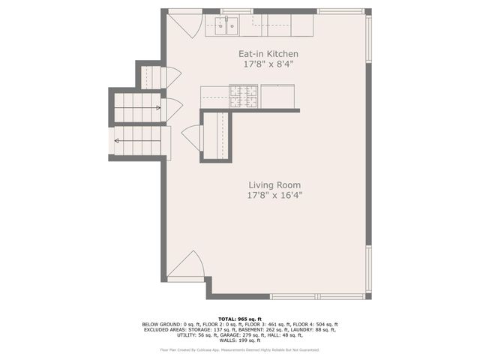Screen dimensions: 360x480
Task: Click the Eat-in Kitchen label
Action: point(268,54)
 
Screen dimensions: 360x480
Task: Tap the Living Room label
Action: point(274,184)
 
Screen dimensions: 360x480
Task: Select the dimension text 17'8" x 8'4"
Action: point(268,64)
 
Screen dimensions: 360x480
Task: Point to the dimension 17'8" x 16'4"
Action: point(274,195)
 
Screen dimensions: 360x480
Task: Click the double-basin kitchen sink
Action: point(226,26)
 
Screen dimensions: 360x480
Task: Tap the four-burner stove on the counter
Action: point(243,95)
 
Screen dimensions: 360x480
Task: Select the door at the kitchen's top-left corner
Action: point(184,24)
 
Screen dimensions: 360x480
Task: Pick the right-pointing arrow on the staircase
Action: point(158,108)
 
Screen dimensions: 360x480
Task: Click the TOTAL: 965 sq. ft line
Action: point(239,319)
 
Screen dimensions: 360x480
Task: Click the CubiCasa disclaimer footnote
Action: point(239,349)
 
